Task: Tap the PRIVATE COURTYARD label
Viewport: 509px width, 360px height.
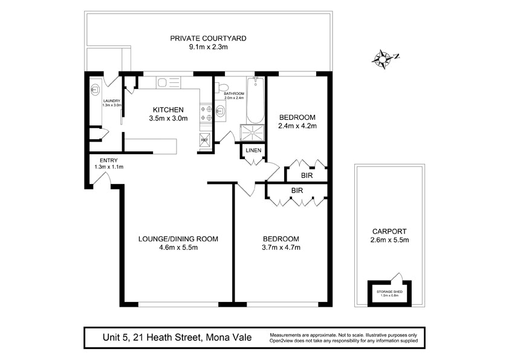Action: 208,38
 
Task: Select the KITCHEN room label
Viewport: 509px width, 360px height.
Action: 168,110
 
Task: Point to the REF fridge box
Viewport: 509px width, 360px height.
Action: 204,139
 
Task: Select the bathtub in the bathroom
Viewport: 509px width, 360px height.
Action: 256,100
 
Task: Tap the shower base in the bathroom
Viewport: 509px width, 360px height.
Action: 253,133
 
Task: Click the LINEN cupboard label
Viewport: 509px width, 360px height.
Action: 253,151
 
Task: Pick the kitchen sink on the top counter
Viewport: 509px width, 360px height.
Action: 168,82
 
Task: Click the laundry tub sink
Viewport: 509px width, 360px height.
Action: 95,89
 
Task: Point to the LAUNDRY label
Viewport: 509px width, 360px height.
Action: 112,101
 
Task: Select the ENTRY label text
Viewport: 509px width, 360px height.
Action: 109,160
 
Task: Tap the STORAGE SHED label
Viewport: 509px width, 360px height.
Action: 389,292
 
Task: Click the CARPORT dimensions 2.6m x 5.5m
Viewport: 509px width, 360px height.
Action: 389,240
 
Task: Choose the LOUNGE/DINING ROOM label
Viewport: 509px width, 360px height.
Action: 178,239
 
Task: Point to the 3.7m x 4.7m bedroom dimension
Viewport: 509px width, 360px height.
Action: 281,247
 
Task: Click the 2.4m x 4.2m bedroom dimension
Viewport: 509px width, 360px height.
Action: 297,126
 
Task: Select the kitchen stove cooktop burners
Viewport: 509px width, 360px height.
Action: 206,113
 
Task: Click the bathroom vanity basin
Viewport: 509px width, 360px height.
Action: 221,111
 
